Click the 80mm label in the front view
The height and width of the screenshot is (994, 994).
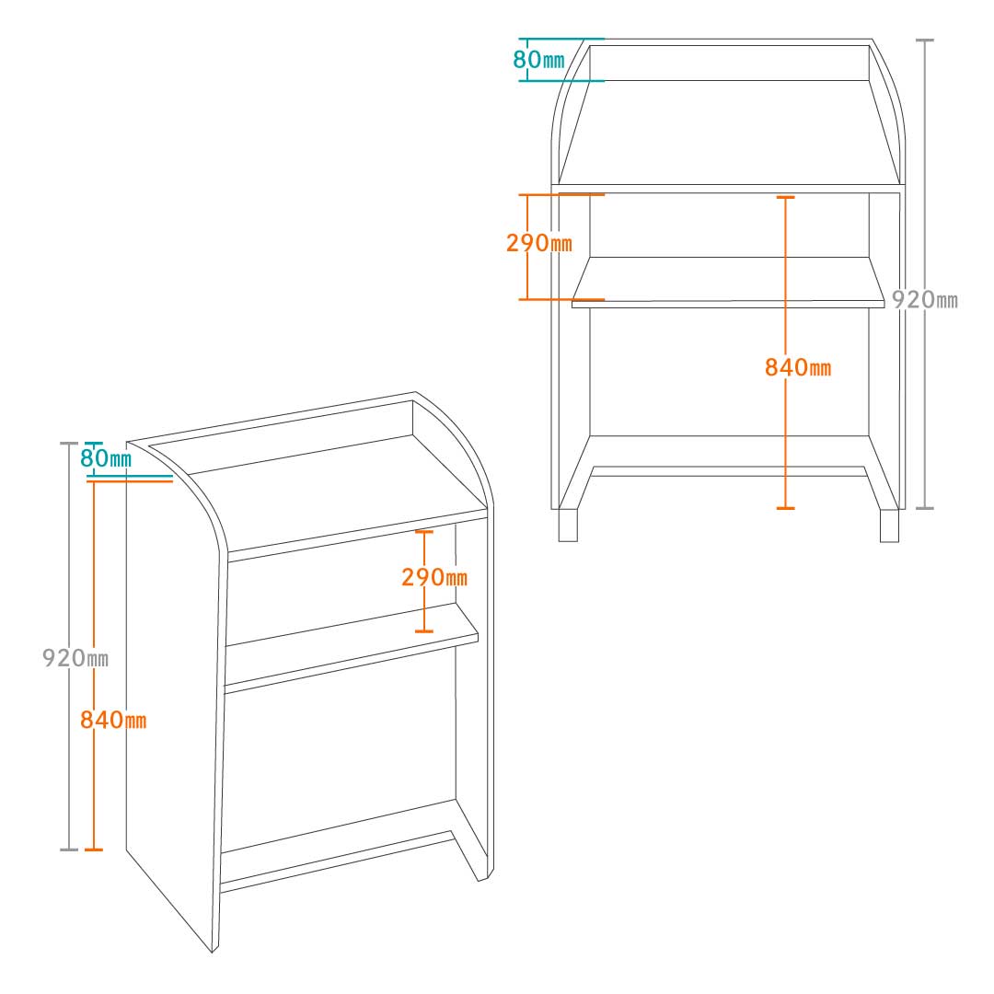(x=538, y=60)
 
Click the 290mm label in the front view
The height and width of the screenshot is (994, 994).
(x=538, y=242)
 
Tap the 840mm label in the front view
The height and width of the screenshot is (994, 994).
(x=797, y=367)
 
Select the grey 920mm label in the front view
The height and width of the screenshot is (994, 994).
(x=925, y=299)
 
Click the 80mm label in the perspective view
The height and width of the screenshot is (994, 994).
(x=106, y=457)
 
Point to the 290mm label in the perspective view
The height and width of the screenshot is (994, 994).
(x=434, y=577)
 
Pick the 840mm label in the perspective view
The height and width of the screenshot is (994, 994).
(x=113, y=720)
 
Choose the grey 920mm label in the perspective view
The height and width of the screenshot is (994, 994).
(x=75, y=657)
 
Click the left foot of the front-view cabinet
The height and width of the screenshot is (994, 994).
(x=568, y=526)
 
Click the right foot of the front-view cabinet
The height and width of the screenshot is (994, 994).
(x=889, y=526)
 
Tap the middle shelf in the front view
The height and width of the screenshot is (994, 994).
(x=728, y=283)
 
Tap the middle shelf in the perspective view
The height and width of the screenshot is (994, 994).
(x=352, y=647)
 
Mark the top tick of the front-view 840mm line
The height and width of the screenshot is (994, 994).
(x=785, y=197)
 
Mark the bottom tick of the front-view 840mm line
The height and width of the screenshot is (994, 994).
(x=785, y=508)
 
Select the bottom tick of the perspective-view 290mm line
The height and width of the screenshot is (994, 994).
(x=424, y=631)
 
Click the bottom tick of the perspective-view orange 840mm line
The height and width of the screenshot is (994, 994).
(x=94, y=850)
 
